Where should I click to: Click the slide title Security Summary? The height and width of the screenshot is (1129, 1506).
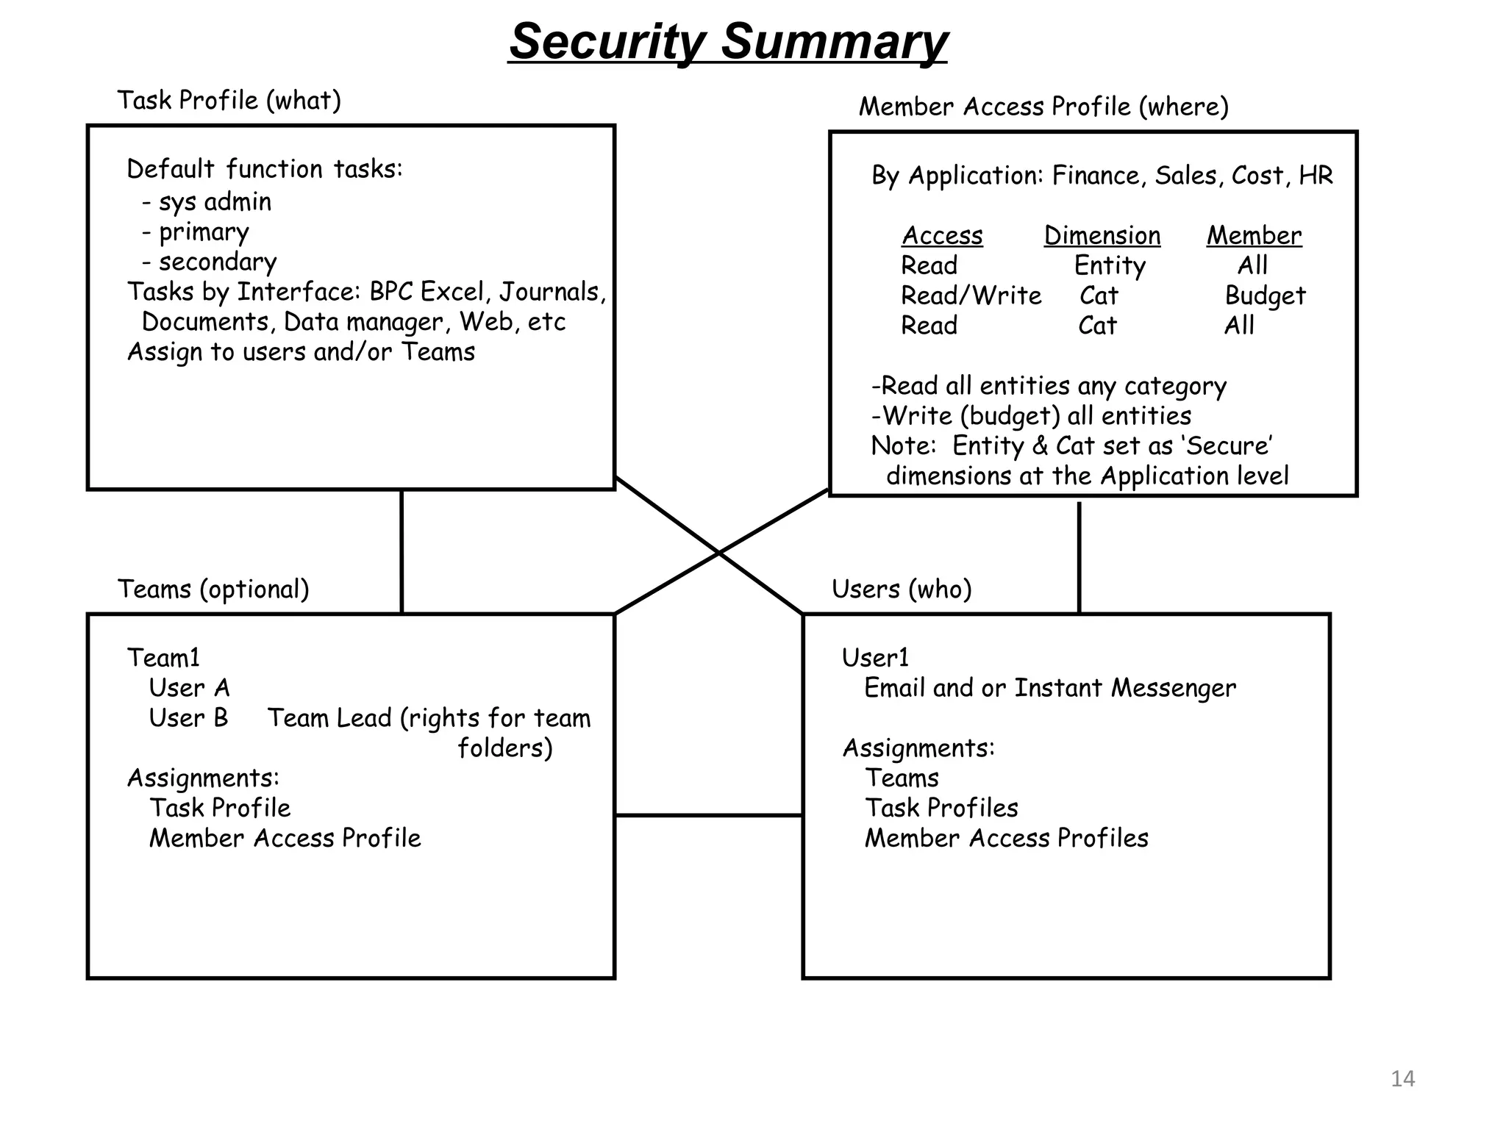coord(727,42)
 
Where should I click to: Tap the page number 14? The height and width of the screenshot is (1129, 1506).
coord(1402,1078)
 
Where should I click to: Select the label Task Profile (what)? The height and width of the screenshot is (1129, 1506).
coord(229,101)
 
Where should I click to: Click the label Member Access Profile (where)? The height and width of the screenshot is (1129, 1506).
coord(1043,107)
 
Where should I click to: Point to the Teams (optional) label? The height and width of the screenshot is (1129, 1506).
coord(213,589)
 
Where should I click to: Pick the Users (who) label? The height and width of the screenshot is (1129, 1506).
coord(902,589)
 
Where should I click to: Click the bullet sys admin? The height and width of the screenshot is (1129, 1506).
coord(207,202)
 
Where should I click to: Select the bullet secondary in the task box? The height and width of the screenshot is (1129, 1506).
coord(210,262)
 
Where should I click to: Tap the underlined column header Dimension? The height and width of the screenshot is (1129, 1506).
coord(1102,236)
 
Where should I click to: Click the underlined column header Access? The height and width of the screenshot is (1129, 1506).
coord(942,236)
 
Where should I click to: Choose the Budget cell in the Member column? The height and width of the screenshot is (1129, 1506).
coord(1265,296)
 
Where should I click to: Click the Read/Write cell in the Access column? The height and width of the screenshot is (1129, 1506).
coord(971,296)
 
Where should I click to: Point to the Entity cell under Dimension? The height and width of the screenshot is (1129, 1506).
coord(1109,266)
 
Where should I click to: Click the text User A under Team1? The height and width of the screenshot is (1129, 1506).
coord(189,689)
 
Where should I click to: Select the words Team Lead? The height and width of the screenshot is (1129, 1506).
coord(329,718)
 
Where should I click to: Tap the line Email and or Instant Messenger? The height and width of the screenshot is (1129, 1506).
coord(1049,689)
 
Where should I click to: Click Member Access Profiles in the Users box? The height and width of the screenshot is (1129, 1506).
coord(1006,839)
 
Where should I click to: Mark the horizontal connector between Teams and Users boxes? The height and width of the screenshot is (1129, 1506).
coord(708,815)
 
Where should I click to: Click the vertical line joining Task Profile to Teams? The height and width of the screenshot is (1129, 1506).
coord(402,551)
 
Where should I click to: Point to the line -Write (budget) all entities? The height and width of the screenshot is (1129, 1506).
coord(1030,417)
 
